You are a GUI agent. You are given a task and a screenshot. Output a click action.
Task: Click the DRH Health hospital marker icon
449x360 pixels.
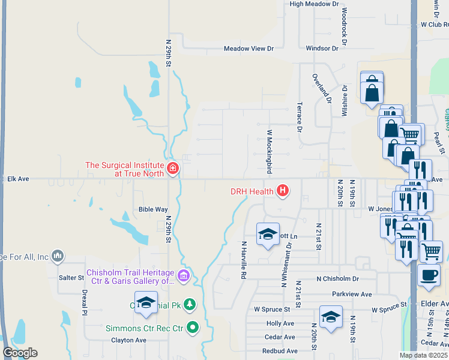(x=283, y=191)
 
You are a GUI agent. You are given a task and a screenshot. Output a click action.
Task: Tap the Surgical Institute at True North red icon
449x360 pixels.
(x=173, y=168)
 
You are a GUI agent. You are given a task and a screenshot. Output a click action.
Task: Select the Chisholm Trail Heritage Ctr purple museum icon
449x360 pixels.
(x=184, y=276)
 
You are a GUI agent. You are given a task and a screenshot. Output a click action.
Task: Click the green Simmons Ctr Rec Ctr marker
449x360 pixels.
(x=193, y=328)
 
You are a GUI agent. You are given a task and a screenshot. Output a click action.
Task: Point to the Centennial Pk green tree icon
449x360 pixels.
(x=190, y=305)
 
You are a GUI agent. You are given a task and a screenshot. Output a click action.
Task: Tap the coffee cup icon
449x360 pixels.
(x=429, y=274)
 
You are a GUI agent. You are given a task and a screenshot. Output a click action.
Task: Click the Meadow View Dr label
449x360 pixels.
(x=249, y=49)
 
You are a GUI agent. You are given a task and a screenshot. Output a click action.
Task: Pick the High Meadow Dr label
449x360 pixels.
(x=315, y=4)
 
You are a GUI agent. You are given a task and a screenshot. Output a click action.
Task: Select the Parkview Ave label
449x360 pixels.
(x=352, y=295)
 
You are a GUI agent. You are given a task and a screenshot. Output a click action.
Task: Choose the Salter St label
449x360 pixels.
(x=71, y=278)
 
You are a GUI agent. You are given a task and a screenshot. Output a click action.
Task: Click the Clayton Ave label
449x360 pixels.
(x=128, y=340)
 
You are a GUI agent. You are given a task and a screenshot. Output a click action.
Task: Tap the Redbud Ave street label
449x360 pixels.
(x=279, y=351)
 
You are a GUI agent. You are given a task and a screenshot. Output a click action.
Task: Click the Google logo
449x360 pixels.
(x=20, y=353)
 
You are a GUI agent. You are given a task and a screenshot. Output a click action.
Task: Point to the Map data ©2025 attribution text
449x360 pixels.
(x=423, y=355)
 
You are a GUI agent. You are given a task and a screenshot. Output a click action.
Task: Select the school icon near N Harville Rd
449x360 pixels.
(x=268, y=233)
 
